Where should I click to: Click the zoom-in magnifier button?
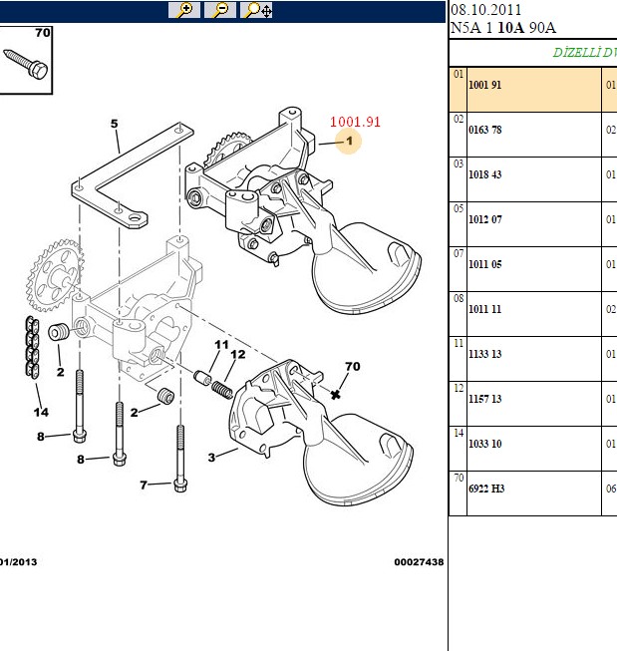pyautogui.click(x=184, y=10)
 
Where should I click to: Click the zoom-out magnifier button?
pyautogui.click(x=220, y=10)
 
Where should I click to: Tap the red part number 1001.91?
pyautogui.click(x=355, y=122)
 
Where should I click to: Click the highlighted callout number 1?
pyautogui.click(x=349, y=142)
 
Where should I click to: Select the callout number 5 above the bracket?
pyautogui.click(x=115, y=124)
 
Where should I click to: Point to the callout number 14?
pyautogui.click(x=41, y=413)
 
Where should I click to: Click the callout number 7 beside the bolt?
pyautogui.click(x=144, y=485)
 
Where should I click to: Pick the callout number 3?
pyautogui.click(x=211, y=458)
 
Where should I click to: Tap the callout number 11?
pyautogui.click(x=221, y=345)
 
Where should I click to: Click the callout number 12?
pyautogui.click(x=238, y=354)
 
